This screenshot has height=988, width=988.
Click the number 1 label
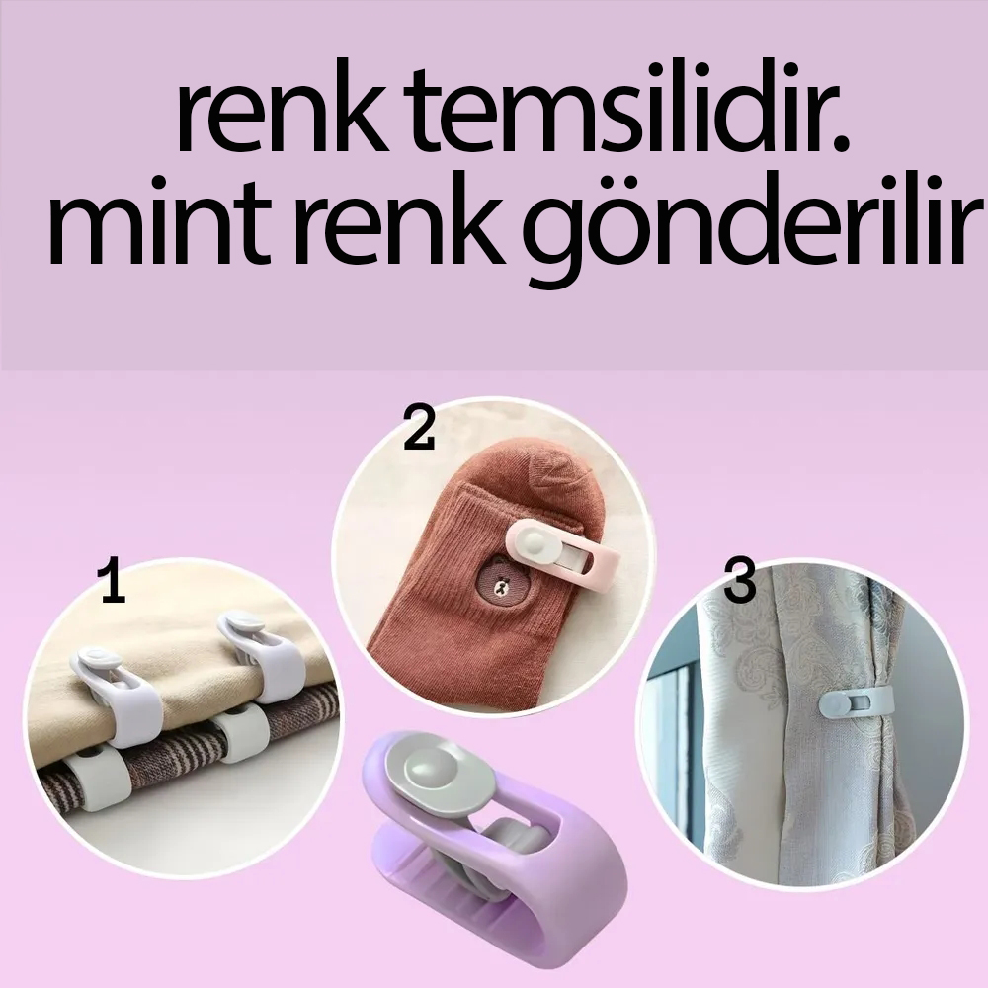coord(113,583)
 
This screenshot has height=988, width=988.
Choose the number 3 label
coord(739,583)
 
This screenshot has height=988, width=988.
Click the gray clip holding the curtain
coord(856,703)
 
